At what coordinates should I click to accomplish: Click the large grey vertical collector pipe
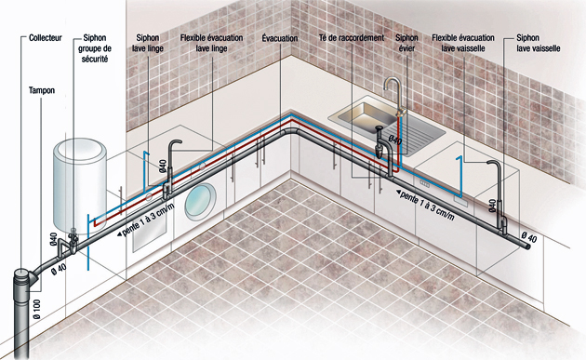pos(21,316)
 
